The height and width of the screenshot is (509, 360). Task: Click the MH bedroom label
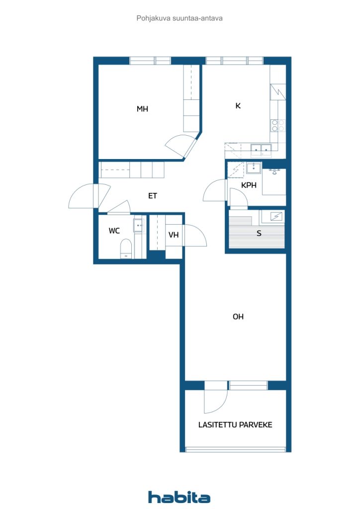(x=142, y=109)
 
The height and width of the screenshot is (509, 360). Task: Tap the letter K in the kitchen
(x=238, y=105)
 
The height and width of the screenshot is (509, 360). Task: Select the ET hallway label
(x=153, y=196)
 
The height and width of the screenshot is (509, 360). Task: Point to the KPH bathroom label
(x=249, y=185)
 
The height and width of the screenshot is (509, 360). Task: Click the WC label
(x=114, y=231)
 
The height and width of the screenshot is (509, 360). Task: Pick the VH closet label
(x=174, y=235)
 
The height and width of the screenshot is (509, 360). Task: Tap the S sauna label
(x=259, y=233)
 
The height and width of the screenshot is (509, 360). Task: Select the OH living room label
(x=238, y=317)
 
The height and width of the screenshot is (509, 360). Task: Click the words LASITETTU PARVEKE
(x=235, y=424)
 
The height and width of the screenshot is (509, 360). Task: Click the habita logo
(x=179, y=497)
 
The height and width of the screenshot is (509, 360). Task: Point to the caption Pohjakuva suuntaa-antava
(x=179, y=18)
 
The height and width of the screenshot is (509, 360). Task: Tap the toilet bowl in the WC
(x=126, y=249)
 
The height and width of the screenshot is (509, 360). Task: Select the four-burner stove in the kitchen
(x=278, y=126)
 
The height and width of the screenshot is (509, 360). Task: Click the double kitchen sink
(x=261, y=149)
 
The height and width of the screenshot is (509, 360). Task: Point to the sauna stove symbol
(x=275, y=216)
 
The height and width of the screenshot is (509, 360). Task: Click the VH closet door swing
(x=194, y=235)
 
